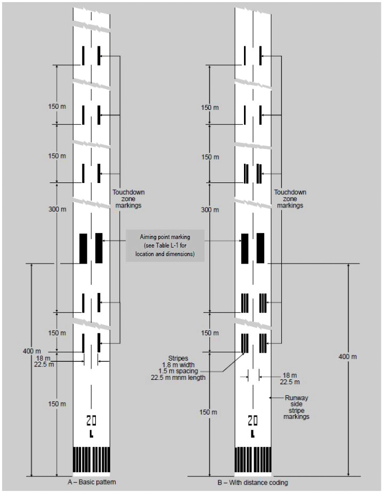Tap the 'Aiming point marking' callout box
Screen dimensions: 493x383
(x=165, y=245)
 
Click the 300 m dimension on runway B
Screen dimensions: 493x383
(x=210, y=210)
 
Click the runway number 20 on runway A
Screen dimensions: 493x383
(x=91, y=420)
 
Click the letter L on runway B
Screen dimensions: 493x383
(x=252, y=434)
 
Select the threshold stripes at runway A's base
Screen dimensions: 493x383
(x=91, y=459)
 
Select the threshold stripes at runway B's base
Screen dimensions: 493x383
(x=253, y=459)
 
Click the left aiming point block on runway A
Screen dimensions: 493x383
(x=83, y=248)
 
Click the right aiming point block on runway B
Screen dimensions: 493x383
(x=260, y=248)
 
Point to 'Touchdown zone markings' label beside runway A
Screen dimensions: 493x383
(x=128, y=198)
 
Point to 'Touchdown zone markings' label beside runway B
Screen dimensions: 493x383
(x=290, y=198)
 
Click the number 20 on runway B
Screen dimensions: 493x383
(x=252, y=420)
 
